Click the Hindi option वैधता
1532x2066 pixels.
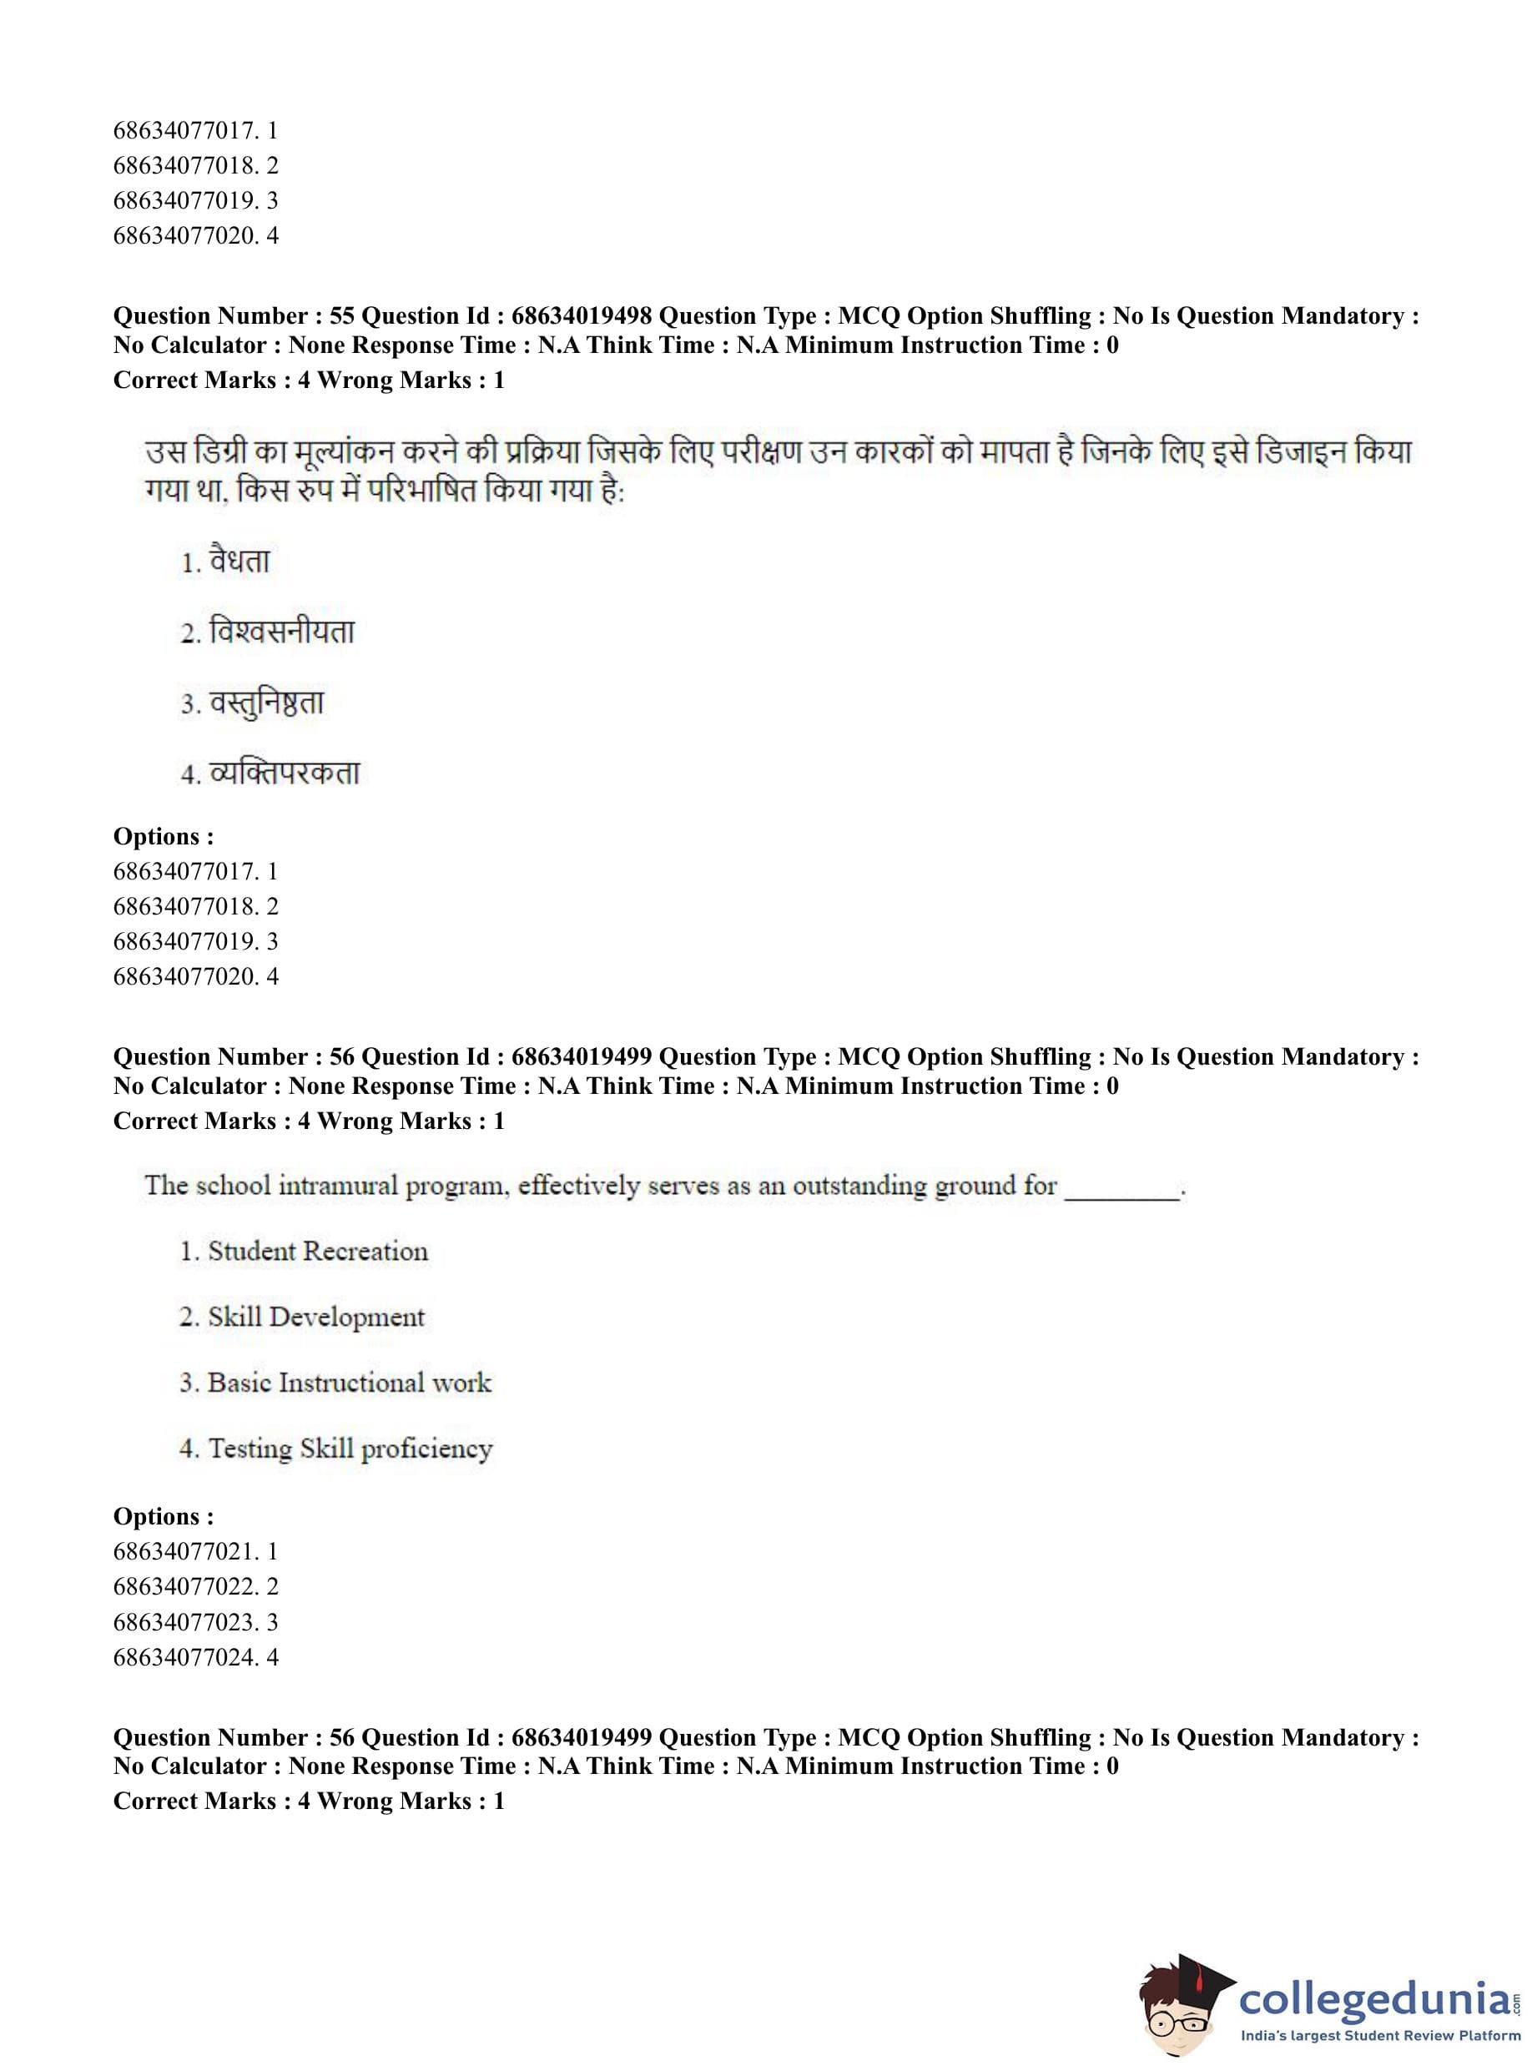[239, 562]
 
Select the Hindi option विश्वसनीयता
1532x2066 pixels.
[281, 632]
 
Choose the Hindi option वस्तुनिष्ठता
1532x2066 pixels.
[266, 703]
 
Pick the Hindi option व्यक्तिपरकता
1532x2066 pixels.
[284, 773]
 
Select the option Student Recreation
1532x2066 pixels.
[317, 1252]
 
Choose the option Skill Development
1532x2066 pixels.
[315, 1318]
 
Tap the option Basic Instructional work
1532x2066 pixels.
[349, 1383]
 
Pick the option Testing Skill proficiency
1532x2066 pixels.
[350, 1449]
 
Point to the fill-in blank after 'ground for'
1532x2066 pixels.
[1122, 1189]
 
